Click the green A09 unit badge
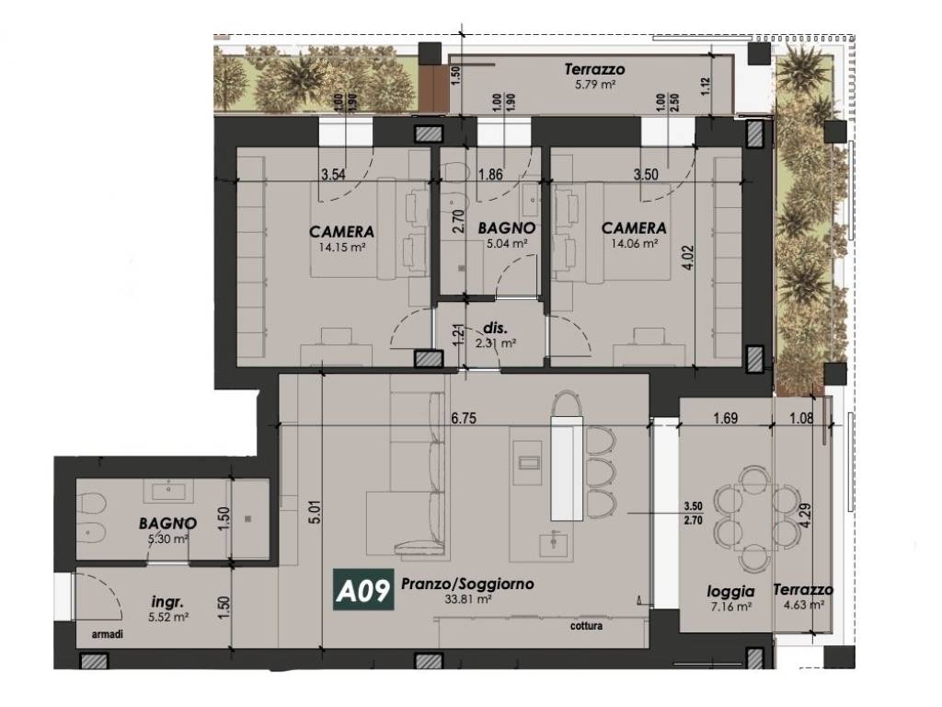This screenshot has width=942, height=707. coord(363,590)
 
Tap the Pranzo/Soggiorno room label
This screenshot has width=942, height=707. coord(467,583)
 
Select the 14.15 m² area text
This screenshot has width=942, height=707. coord(342,247)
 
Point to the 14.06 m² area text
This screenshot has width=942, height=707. coord(635,243)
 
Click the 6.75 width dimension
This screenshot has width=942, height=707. coord(464,418)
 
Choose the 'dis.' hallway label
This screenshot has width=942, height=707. coord(496,329)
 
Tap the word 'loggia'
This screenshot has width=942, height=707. coord(730,592)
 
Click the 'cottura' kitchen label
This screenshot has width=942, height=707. coord(586,626)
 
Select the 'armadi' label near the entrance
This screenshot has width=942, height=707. coord(108,634)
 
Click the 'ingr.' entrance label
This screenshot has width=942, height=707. coord(167,601)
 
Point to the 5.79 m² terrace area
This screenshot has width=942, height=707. coord(595,85)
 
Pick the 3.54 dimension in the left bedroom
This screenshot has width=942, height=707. coord(333,175)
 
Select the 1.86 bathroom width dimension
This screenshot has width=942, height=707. coord(490,175)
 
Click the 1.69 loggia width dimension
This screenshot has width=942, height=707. coord(725,418)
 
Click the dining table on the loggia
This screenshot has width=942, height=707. coord(753,518)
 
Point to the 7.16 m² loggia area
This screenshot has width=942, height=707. coord(730,608)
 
